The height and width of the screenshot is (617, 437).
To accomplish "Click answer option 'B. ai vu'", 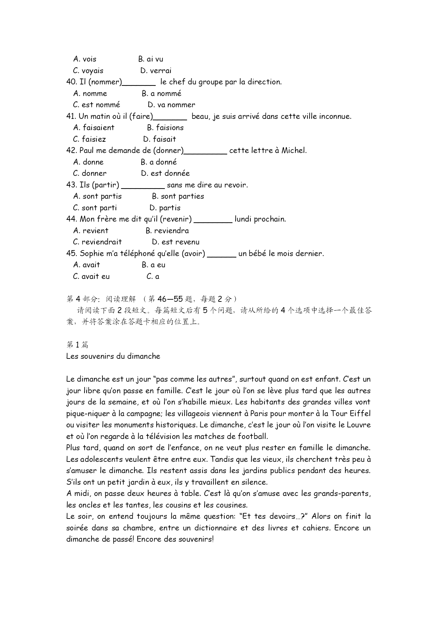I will [151, 59].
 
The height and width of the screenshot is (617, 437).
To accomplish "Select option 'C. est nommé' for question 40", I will [96, 105].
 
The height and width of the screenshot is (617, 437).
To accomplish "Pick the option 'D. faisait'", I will [160, 139].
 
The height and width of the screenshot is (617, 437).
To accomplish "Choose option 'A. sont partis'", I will [97, 196].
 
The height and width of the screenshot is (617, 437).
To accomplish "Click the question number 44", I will [71, 219].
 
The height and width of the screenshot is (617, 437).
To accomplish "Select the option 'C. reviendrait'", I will [97, 242].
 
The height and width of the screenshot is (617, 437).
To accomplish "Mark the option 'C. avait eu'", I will [91, 276].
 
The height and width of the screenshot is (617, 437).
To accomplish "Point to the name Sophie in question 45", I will [92, 254].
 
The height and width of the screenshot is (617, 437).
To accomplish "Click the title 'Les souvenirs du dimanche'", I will [113, 356].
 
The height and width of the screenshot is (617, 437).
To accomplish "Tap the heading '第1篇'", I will [77, 345].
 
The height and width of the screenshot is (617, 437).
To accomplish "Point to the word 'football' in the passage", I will [252, 437].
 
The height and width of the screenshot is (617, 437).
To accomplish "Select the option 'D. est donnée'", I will [165, 173].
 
